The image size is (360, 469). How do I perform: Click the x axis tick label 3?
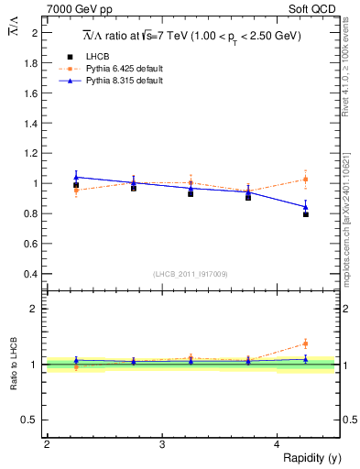coord(162,444)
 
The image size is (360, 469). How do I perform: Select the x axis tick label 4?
coord(278,444)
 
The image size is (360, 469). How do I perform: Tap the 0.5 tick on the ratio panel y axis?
coord(32,420)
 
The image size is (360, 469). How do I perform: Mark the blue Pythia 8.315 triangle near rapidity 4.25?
coord(306,206)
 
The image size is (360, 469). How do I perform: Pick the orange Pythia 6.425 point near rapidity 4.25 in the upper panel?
coord(306,179)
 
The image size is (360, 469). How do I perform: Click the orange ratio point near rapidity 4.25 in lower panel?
coord(306,344)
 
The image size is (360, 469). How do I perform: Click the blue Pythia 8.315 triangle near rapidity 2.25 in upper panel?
coord(76,177)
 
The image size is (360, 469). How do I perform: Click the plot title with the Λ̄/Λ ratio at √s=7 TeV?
coord(191,35)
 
